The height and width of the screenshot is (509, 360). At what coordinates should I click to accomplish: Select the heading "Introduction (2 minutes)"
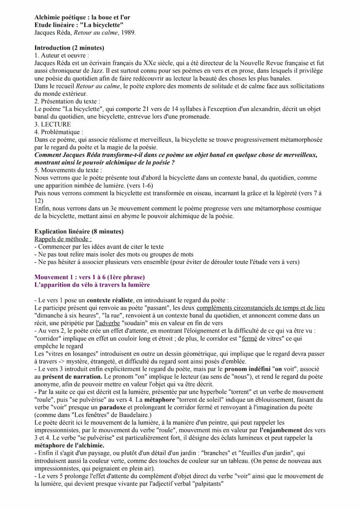69,48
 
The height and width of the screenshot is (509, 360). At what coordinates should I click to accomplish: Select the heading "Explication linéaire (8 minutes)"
79,231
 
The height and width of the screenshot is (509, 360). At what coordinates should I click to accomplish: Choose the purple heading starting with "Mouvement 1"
90,277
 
